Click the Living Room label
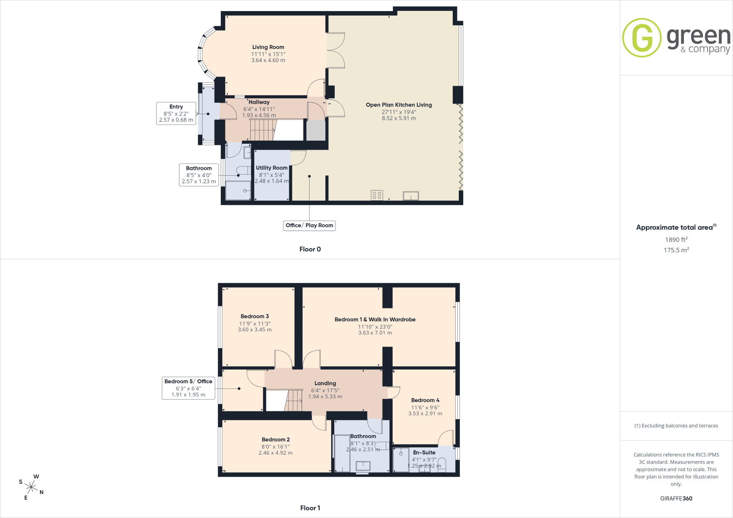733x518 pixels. [268, 47]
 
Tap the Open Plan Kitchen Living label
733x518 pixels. [399, 105]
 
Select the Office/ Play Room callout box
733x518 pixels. [309, 225]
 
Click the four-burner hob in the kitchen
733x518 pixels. [377, 195]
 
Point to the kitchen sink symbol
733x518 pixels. [411, 196]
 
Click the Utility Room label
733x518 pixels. [272, 168]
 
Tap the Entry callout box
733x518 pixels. [176, 113]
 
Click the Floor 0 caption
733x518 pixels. [310, 249]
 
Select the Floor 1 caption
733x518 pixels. [310, 508]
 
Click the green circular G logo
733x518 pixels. [642, 38]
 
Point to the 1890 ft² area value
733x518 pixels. [676, 239]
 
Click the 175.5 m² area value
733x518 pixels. [676, 250]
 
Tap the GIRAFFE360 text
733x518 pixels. [676, 498]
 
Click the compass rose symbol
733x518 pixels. [31, 487]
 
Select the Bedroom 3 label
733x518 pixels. [254, 316]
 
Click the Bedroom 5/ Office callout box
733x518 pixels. [188, 388]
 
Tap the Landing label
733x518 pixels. [325, 383]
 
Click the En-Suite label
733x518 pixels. [424, 453]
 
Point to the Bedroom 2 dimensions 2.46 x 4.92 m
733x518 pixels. [276, 453]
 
